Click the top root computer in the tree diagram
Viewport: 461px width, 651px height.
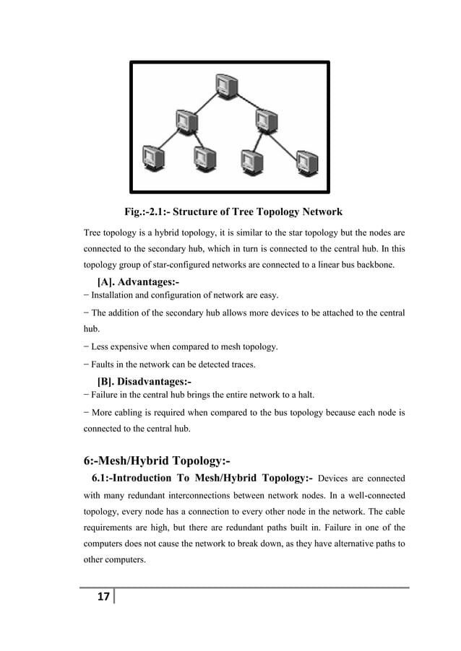(x=225, y=85)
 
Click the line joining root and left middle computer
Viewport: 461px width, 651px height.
(x=204, y=102)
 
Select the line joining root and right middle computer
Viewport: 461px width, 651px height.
(x=245, y=102)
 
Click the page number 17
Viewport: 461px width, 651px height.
(x=103, y=597)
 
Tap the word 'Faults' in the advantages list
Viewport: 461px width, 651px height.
(x=103, y=364)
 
